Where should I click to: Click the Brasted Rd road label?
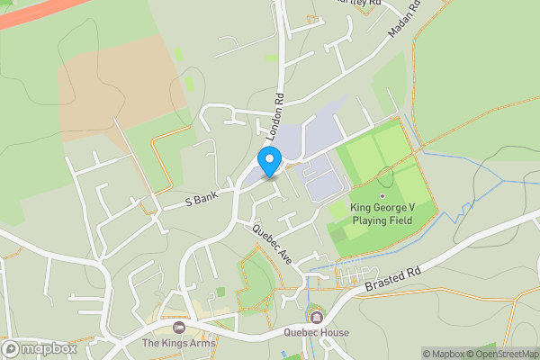(393, 276)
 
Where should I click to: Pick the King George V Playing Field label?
(383, 213)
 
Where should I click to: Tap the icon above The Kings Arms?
(178, 327)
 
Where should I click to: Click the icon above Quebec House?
(316, 317)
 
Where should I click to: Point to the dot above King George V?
(382, 195)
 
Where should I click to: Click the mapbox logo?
(39, 348)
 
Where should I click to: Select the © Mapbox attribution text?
(446, 354)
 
